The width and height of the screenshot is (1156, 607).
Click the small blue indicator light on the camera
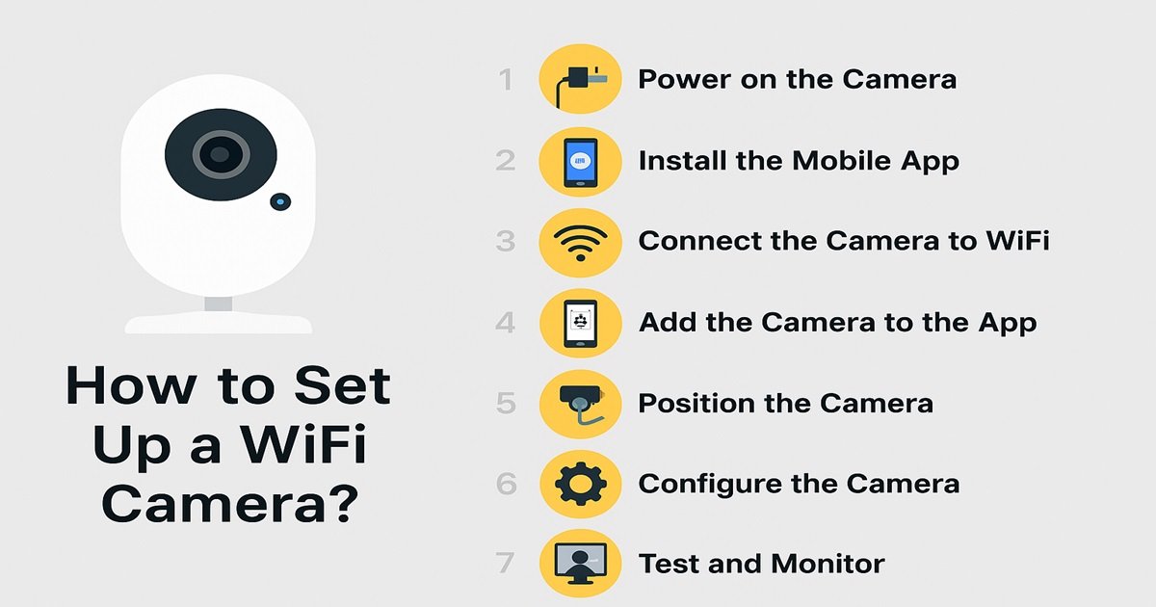click(280, 201)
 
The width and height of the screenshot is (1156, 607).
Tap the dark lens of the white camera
click(221, 154)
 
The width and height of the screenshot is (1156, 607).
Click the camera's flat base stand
click(219, 323)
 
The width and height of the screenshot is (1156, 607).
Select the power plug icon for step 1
click(581, 85)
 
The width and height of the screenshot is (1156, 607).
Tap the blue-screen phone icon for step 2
click(581, 162)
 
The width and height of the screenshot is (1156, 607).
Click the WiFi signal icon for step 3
click(581, 243)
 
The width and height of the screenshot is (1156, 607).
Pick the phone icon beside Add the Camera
click(581, 324)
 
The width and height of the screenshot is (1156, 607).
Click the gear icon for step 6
click(581, 484)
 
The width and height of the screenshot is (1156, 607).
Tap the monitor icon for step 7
click(581, 563)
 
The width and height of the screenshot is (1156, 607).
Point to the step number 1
click(506, 80)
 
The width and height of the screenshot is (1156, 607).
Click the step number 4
click(505, 323)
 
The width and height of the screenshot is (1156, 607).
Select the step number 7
click(505, 563)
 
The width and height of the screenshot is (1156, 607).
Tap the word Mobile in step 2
click(843, 160)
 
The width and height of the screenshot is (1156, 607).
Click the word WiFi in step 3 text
click(1017, 241)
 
